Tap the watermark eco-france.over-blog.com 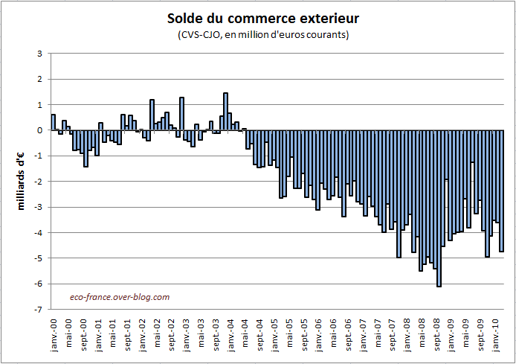(119, 296)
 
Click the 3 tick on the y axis (41, 54)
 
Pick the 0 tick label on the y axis (41, 130)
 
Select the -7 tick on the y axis (39, 309)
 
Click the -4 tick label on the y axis (39, 232)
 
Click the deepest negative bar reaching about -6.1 (439, 208)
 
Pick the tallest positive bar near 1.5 (226, 112)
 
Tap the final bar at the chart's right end (502, 191)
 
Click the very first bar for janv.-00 (54, 122)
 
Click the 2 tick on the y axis (41, 79)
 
